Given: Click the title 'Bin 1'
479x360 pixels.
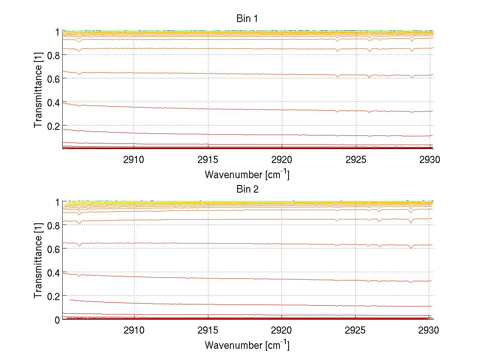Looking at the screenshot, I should [x=247, y=18].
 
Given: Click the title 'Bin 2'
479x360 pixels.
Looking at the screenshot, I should [x=247, y=189].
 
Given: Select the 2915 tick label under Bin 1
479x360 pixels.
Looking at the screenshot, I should [x=208, y=160].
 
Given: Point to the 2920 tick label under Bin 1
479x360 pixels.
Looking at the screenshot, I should [x=282, y=160].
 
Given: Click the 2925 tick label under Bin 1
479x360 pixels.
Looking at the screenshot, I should [x=356, y=160].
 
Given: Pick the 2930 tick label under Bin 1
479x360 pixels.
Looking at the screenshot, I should [x=430, y=160].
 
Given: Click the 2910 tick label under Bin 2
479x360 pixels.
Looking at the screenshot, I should [x=135, y=331].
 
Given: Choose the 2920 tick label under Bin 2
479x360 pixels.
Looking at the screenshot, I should [x=282, y=331].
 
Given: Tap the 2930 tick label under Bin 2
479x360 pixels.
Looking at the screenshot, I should [x=430, y=331].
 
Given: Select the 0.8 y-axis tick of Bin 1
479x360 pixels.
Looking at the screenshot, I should [x=53, y=56].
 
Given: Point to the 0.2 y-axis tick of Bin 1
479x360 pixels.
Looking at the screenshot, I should [x=53, y=126].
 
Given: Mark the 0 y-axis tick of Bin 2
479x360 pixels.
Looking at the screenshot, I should [x=57, y=319].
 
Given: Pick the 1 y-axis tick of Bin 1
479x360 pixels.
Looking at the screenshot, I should [x=57, y=32].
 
